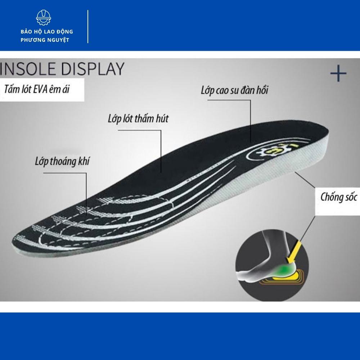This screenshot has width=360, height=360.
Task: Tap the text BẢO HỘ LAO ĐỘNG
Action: pyautogui.click(x=47, y=32)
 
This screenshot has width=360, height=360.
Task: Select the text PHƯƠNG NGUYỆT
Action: pyautogui.click(x=45, y=40)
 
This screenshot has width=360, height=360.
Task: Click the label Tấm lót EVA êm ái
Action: pyautogui.click(x=37, y=89)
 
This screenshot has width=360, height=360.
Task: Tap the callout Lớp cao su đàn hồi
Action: pyautogui.click(x=234, y=90)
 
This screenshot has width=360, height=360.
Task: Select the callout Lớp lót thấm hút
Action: pyautogui.click(x=138, y=118)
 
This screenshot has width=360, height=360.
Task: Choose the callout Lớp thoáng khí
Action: pyautogui.click(x=62, y=161)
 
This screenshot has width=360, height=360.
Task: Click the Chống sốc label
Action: pyautogui.click(x=338, y=197)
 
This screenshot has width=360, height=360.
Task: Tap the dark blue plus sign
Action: pyautogui.click(x=338, y=74)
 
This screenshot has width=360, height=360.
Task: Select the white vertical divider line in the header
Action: pyautogui.click(x=88, y=27)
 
